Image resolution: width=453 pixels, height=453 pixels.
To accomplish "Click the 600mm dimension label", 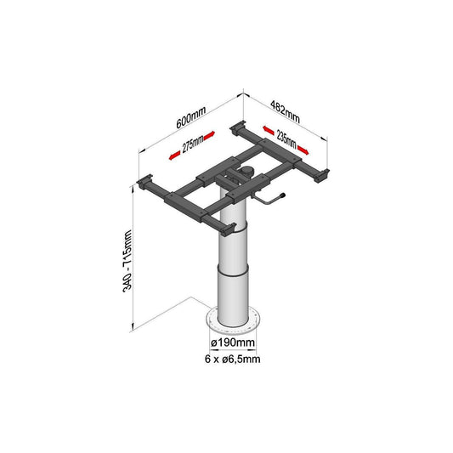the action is tap(191, 117).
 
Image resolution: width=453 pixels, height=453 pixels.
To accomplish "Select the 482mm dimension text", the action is tap(286, 111).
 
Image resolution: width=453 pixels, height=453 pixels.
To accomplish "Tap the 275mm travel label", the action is tap(193, 144).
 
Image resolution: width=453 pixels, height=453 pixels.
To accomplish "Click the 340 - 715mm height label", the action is tap(127, 261).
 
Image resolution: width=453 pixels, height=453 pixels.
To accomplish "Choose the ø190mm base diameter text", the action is tap(233, 343).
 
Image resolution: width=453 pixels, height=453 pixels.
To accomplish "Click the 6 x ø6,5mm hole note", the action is tap(233, 360).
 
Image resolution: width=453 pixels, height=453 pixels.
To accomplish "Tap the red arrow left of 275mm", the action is tap(175, 156).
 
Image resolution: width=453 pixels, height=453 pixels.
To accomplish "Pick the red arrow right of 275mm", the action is tap(209, 136).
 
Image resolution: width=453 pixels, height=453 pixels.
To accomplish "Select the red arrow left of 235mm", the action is tap(269, 130).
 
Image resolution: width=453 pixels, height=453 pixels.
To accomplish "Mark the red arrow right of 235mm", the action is tap(303, 150).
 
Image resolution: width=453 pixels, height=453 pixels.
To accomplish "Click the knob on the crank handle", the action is tap(282, 195).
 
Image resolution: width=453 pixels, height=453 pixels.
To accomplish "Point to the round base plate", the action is tap(233, 321).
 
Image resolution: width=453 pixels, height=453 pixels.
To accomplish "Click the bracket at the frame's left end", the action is tap(144, 182).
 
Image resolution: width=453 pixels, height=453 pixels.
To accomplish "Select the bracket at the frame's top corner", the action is tap(238, 127).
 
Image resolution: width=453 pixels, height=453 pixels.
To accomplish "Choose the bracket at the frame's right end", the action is tap(321, 175).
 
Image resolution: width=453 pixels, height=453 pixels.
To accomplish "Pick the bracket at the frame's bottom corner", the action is tap(229, 229).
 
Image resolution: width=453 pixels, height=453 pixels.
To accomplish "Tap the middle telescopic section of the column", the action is tap(233, 250).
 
